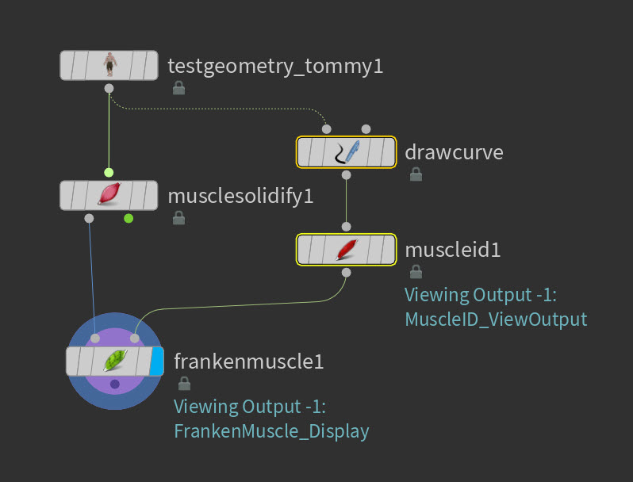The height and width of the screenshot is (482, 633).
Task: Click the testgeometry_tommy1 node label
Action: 275,66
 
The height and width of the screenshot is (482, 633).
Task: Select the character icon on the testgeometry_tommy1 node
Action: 109,64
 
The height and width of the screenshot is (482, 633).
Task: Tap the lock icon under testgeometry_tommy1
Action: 178,88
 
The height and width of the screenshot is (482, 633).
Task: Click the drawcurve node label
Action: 454,151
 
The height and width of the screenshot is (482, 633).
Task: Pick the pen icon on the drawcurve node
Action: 346,152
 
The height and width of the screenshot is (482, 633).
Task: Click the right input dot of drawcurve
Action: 366,128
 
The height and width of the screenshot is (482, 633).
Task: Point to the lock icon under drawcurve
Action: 415,174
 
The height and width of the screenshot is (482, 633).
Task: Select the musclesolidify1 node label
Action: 240,195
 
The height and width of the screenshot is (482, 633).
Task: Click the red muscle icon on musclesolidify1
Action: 109,195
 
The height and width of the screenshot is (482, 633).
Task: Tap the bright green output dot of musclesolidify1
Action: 129,218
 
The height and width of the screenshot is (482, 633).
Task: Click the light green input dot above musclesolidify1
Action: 109,172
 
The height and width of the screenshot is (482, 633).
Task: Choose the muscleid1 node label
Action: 453,250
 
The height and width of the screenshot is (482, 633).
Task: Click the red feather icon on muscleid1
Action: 346,250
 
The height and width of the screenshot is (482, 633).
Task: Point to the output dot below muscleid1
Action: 346,273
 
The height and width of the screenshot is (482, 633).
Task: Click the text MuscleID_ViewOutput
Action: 496,319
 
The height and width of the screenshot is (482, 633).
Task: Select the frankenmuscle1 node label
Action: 248,362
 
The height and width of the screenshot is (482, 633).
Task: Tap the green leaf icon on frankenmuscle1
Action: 115,361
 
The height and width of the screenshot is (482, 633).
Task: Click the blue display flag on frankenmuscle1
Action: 157,361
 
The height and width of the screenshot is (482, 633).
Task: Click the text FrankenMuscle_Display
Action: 271,431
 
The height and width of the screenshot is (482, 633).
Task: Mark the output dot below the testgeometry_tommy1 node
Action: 109,87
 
